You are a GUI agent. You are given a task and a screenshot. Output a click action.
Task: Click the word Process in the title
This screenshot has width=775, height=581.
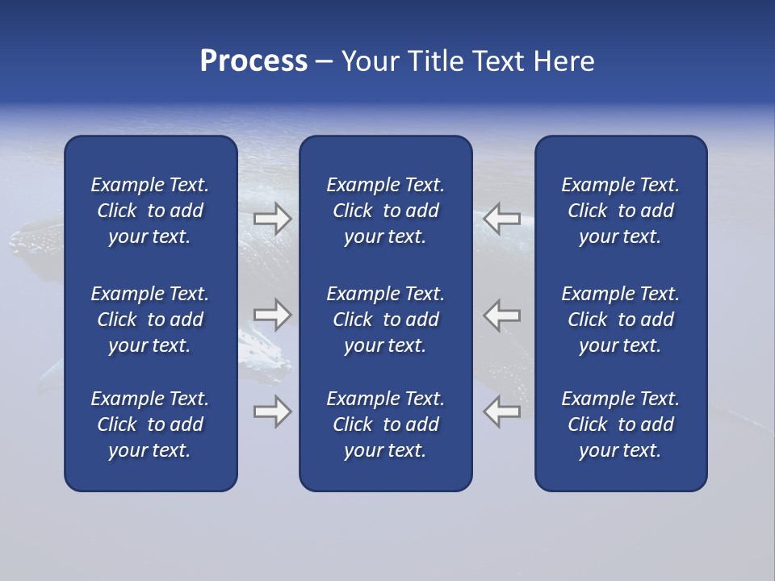253,61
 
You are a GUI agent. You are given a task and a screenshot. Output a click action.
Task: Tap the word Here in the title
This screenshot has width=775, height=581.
563,61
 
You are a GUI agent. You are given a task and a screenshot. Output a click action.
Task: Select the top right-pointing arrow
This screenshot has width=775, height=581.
272,219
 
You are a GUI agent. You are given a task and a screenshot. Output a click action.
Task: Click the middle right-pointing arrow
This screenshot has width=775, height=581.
272,315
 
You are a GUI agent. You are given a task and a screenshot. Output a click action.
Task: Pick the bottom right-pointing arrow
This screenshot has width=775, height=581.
272,412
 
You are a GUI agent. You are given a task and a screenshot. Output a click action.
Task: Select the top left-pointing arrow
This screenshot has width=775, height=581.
501,219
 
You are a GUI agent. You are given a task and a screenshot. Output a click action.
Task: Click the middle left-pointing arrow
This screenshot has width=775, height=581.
501,315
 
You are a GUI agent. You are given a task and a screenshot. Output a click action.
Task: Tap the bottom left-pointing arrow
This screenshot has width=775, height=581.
501,412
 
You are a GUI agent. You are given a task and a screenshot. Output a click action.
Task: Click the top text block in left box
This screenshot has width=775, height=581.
150,211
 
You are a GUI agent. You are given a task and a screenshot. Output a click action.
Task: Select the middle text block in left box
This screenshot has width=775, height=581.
150,320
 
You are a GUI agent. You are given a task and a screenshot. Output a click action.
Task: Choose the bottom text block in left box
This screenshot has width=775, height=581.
150,424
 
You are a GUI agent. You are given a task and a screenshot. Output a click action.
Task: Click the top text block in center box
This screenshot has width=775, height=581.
385,211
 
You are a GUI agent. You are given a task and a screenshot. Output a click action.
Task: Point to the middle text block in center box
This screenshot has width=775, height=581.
385,320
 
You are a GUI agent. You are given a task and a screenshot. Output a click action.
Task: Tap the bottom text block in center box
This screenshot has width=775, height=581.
385,424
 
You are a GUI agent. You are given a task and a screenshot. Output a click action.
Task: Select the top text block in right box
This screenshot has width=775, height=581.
621,211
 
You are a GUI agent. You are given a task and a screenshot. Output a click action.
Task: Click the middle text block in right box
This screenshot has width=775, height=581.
621,320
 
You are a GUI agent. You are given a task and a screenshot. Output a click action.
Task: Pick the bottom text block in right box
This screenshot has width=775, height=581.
621,424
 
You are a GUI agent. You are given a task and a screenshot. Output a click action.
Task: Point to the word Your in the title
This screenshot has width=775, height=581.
369,61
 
